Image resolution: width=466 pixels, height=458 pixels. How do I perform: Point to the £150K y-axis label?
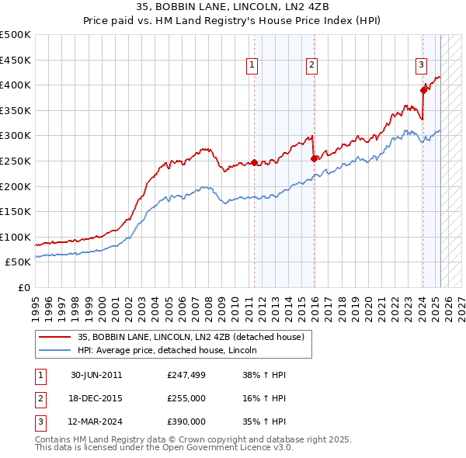16,211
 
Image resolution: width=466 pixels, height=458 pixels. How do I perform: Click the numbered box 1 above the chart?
253,66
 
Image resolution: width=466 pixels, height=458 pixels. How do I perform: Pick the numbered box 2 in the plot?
311,66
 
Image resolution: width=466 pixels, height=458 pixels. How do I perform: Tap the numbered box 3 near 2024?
420,66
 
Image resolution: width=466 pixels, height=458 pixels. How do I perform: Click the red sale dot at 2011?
254,163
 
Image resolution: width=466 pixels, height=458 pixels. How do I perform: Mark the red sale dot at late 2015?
314,158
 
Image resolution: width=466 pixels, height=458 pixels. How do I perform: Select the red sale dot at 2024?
424,90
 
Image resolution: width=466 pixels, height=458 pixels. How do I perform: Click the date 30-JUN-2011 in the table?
96,375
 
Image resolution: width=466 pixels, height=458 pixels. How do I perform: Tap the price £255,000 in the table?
186,398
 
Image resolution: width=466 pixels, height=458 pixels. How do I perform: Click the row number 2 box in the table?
39,398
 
